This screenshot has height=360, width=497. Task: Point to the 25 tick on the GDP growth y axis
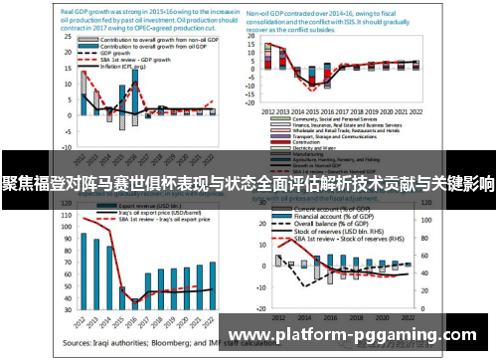click(73, 49)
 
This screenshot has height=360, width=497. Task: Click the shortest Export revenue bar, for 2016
click(135, 297)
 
